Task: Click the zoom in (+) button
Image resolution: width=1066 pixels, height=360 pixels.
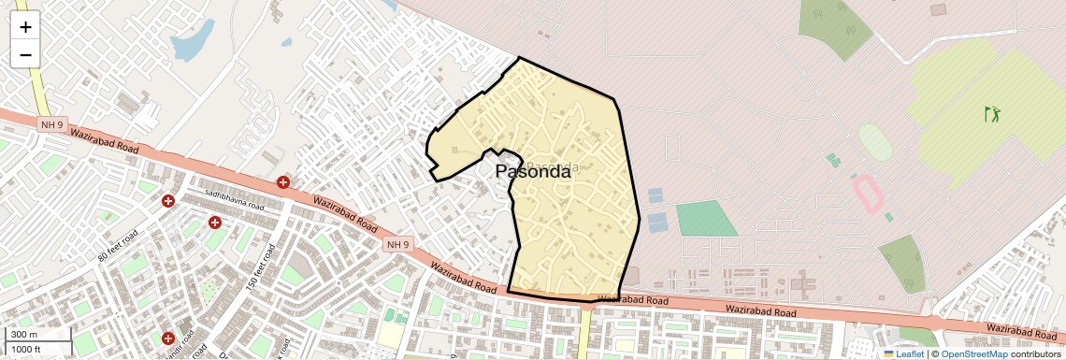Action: pyautogui.click(x=25, y=26)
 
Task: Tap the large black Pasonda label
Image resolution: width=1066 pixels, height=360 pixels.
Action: pyautogui.click(x=532, y=171)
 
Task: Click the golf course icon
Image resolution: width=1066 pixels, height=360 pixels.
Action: pyautogui.click(x=991, y=115)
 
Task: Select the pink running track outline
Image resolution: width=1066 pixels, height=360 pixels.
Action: pyautogui.click(x=867, y=194)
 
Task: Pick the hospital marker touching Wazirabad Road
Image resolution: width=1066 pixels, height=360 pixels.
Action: pyautogui.click(x=282, y=182)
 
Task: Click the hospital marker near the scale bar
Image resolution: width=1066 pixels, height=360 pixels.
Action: pyautogui.click(x=168, y=338)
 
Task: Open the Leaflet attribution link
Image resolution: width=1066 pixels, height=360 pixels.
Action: pyautogui.click(x=903, y=353)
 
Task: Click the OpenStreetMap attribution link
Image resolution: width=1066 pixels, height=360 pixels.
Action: pyautogui.click(x=973, y=353)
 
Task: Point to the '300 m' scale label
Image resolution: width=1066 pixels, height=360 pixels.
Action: pyautogui.click(x=25, y=335)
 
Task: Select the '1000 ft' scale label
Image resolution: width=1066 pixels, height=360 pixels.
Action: pyautogui.click(x=27, y=350)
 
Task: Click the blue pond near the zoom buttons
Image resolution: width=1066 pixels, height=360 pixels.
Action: pyautogui.click(x=191, y=42)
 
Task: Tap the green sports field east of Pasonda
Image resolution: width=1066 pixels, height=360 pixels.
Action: pyautogui.click(x=706, y=218)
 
